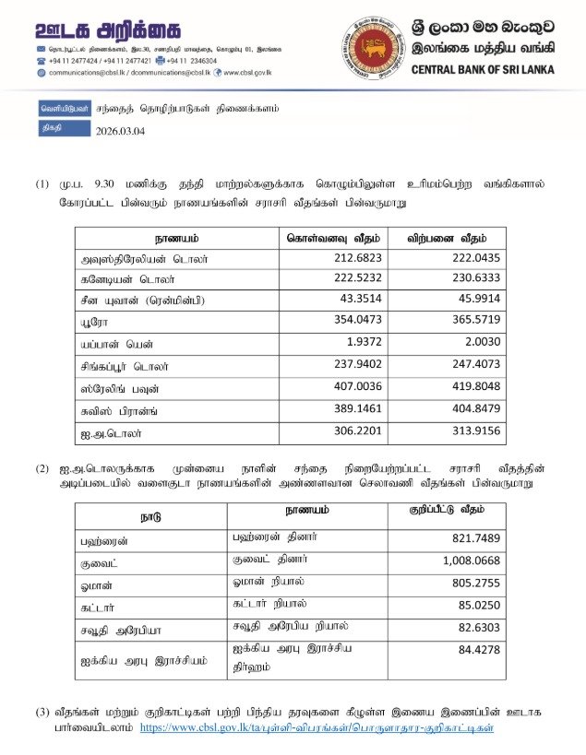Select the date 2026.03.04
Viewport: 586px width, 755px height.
point(120,130)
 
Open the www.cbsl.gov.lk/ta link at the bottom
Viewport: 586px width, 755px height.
point(317,728)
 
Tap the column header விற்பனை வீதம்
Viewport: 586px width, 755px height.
point(459,237)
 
